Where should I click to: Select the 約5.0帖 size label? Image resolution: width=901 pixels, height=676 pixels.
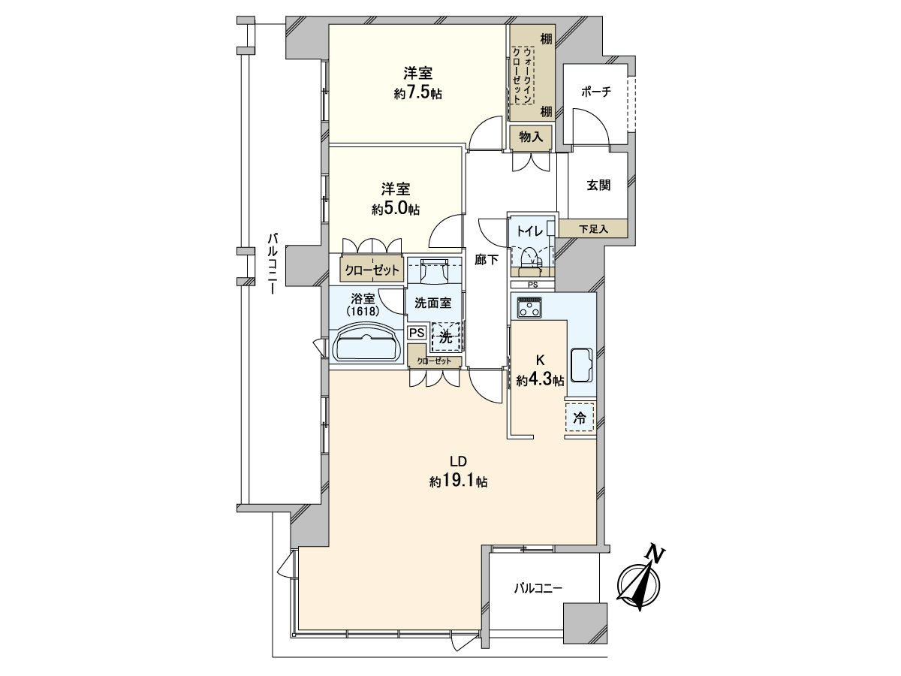click(x=395, y=210)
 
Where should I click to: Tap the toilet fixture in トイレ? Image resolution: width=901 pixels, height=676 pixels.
click(x=530, y=257)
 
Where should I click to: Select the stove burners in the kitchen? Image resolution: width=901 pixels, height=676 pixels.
click(x=528, y=306)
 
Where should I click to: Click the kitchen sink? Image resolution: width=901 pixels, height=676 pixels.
click(x=583, y=366)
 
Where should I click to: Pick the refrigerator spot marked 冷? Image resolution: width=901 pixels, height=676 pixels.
click(x=579, y=418)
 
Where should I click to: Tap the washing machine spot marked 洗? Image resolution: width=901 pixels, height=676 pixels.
click(x=446, y=337)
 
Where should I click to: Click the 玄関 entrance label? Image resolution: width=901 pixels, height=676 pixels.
click(x=598, y=186)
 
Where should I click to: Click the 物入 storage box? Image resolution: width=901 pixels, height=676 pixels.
click(x=531, y=137)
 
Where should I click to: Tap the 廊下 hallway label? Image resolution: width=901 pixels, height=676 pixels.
click(x=487, y=260)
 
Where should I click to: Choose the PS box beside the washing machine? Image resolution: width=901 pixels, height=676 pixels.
click(x=417, y=332)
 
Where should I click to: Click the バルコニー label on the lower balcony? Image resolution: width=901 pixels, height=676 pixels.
click(x=538, y=589)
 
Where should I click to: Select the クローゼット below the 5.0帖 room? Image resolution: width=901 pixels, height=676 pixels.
click(x=373, y=268)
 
